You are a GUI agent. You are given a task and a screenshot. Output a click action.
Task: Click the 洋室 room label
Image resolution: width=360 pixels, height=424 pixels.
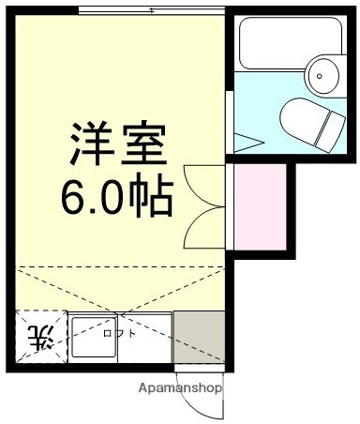pos(117,143)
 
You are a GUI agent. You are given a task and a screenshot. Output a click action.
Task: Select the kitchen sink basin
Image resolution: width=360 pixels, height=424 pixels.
pos(94,338)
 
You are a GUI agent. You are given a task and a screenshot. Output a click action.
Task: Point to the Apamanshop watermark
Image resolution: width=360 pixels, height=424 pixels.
pos(181,386)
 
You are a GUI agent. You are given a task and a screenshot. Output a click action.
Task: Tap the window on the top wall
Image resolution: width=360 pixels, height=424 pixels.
pos(151,9)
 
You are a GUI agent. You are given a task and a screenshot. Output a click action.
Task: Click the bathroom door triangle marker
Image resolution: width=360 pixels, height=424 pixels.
pos(246,144)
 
